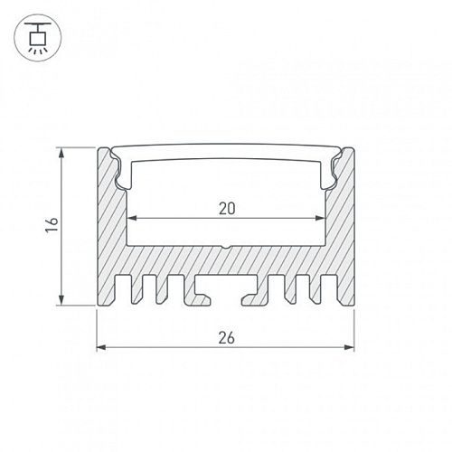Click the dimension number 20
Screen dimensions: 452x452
(x=227, y=209)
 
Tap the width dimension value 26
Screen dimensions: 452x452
(x=226, y=338)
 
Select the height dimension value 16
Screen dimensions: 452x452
(x=52, y=224)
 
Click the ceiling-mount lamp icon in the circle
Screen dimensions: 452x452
(x=38, y=38)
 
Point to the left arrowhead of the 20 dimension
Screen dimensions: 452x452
(x=133, y=218)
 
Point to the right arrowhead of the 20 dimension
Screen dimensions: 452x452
(x=320, y=218)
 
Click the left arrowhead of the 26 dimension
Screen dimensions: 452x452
(x=101, y=347)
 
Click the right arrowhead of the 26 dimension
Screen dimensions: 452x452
(x=349, y=347)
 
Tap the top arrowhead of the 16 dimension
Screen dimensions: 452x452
(x=61, y=153)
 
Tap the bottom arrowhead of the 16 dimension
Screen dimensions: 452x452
(x=61, y=300)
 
